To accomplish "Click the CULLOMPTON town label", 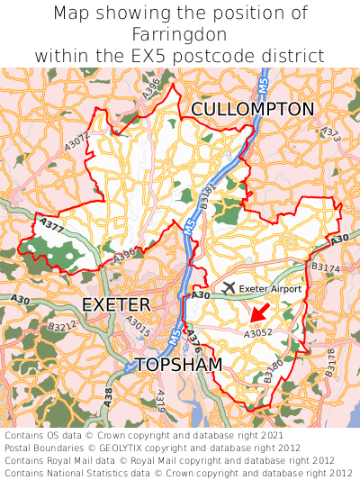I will point(253,109).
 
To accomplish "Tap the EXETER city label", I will point(116,304).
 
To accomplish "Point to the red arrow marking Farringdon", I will point(259,312).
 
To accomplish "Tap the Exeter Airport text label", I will point(270,288).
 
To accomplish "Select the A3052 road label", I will point(258,332).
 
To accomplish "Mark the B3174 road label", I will point(326,267).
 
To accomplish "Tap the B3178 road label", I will point(331,361).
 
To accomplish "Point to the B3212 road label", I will point(62,326).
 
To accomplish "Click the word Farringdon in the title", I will point(180,34).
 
